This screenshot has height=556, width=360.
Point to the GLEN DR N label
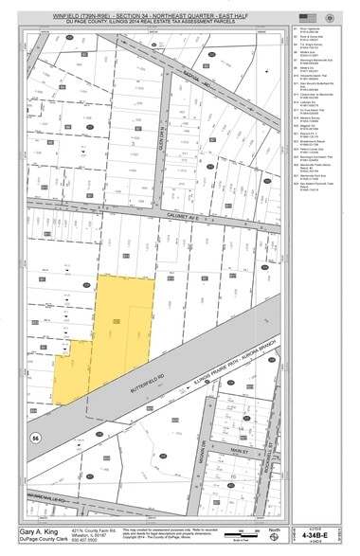coord(162,147)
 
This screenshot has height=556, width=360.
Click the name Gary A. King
coord(38,531)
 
